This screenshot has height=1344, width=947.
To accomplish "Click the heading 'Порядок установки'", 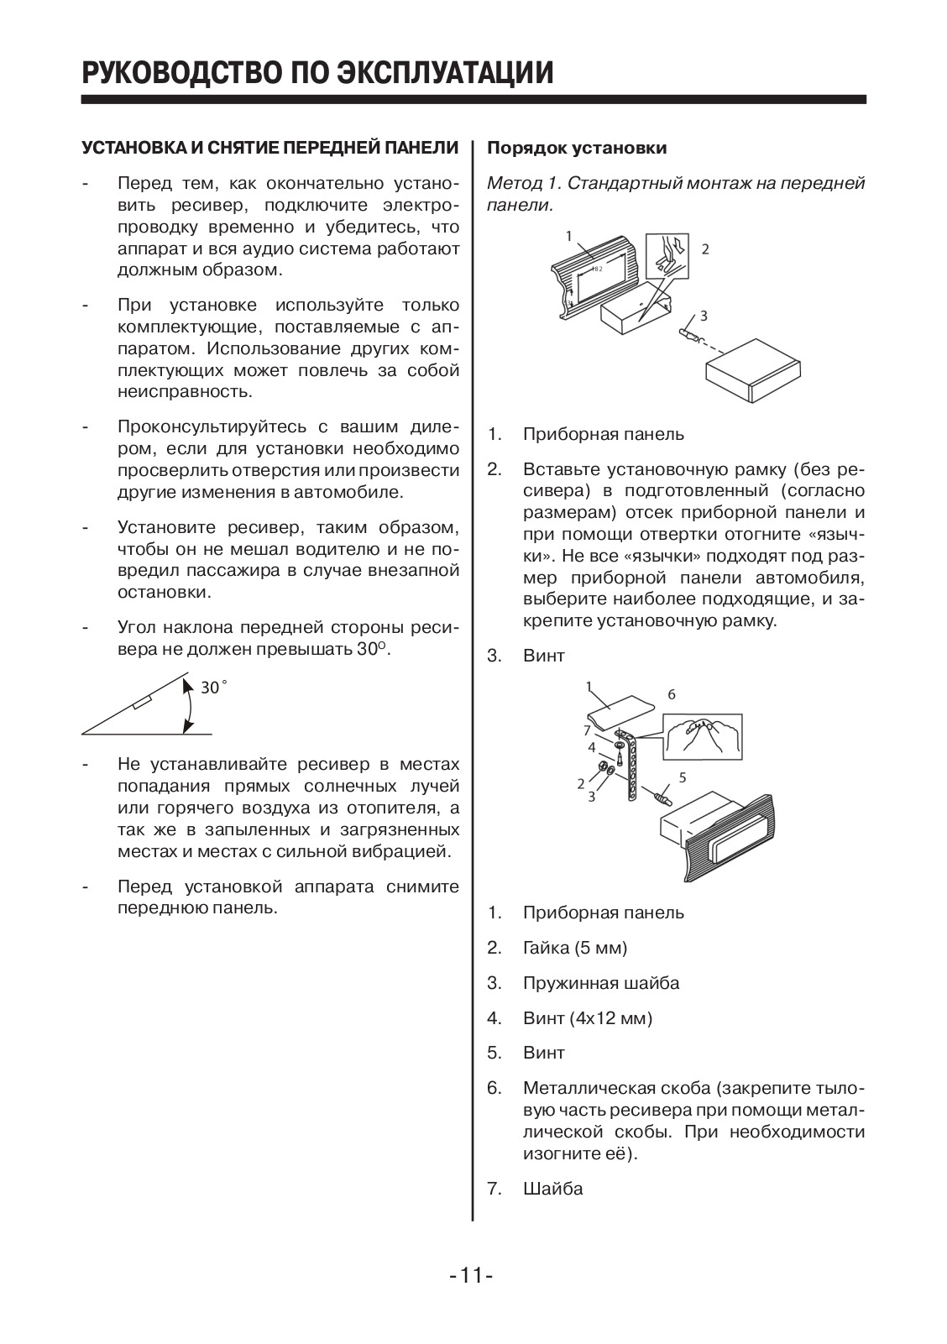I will point(577,149).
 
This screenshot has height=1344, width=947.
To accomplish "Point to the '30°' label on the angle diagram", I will point(212,688).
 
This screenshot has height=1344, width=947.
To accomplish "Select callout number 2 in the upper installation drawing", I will point(705,249).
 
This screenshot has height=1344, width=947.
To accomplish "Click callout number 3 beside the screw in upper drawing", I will point(704,316).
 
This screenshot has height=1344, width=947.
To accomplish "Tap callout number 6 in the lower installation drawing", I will point(672,694).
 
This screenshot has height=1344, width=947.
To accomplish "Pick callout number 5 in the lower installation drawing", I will point(683,777).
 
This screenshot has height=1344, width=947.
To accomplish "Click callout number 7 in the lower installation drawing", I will point(588,730).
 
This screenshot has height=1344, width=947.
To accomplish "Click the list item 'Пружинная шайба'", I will point(601,983).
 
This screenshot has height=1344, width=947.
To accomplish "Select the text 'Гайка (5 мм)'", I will point(575,948).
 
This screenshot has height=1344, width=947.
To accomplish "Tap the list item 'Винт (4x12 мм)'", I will point(588,1018).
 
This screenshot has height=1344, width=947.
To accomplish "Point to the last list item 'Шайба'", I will point(552,1189).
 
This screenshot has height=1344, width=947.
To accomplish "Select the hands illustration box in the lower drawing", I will point(704,736).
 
